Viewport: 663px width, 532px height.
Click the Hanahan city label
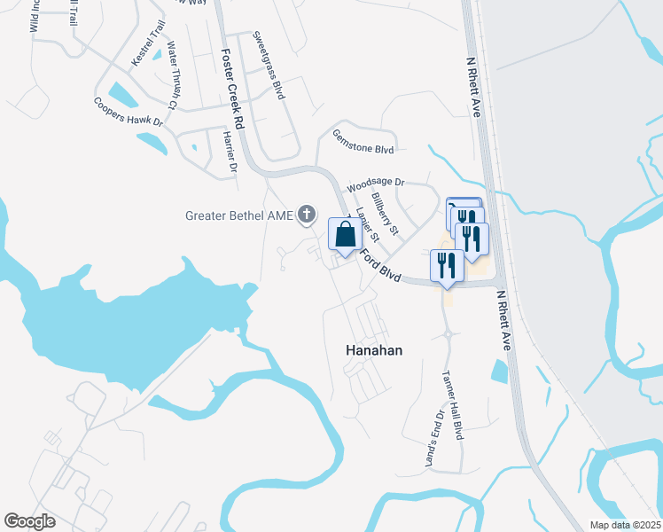(x=372, y=350)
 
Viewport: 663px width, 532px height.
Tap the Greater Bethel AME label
(x=240, y=215)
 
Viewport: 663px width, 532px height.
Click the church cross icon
(x=307, y=214)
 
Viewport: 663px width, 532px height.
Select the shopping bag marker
(x=345, y=235)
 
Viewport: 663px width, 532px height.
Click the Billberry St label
(x=386, y=214)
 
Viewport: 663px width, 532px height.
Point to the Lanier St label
(x=366, y=225)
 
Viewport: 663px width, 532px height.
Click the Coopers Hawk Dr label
(x=129, y=112)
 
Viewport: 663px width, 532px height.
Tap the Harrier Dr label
(x=230, y=151)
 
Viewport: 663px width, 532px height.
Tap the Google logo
(x=29, y=521)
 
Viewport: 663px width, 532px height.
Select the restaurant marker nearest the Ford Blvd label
(x=447, y=266)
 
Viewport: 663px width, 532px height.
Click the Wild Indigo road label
(x=35, y=16)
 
